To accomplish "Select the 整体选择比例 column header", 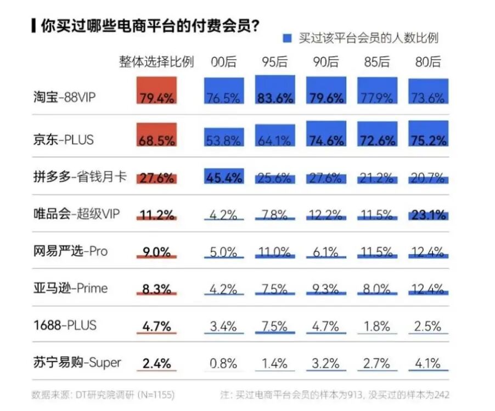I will tap(156, 62).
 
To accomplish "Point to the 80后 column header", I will tap(428, 62).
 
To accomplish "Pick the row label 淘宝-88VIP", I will tap(63, 98).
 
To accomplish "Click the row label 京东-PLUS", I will tap(63, 139).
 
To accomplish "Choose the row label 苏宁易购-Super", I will tap(77, 363).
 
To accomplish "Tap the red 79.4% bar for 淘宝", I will tap(157, 91).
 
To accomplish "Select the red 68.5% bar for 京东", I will tap(157, 135).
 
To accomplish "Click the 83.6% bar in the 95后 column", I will tap(275, 90).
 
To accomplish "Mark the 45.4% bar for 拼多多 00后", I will tap(224, 176).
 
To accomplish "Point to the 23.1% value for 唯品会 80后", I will tap(429, 215).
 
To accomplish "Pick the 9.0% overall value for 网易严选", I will tap(157, 252).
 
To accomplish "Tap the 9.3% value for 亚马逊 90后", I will tap(326, 289).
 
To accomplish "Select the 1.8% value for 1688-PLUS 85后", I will tap(377, 326).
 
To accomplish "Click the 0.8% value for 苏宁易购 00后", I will tap(224, 363).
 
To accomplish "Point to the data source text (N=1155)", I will tap(103, 394).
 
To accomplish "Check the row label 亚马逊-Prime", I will tap(70, 289).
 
